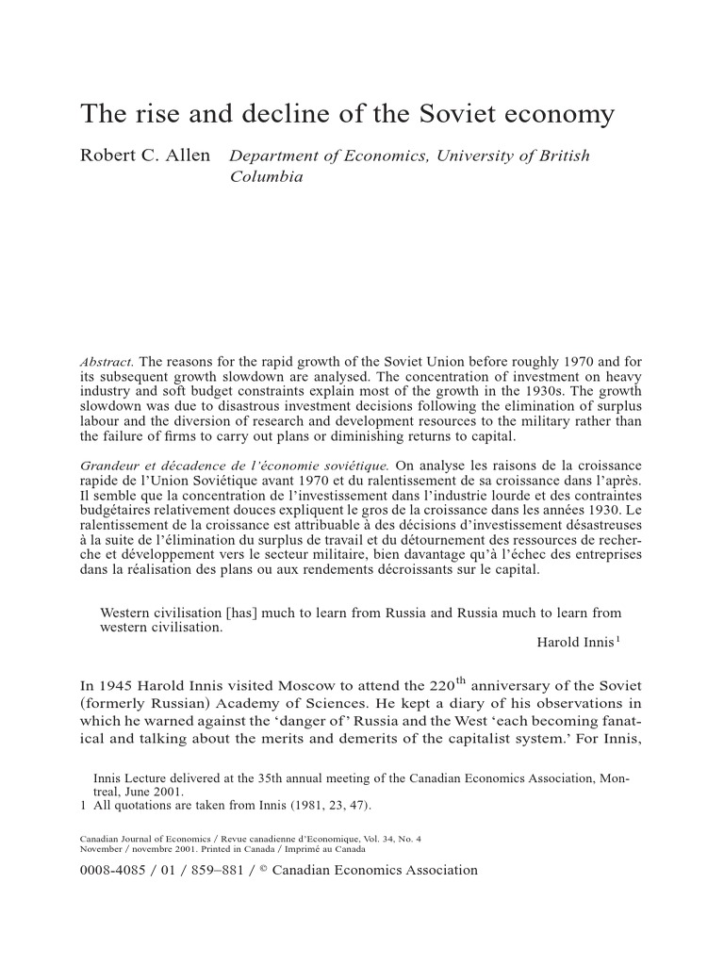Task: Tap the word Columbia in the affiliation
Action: (267, 176)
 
